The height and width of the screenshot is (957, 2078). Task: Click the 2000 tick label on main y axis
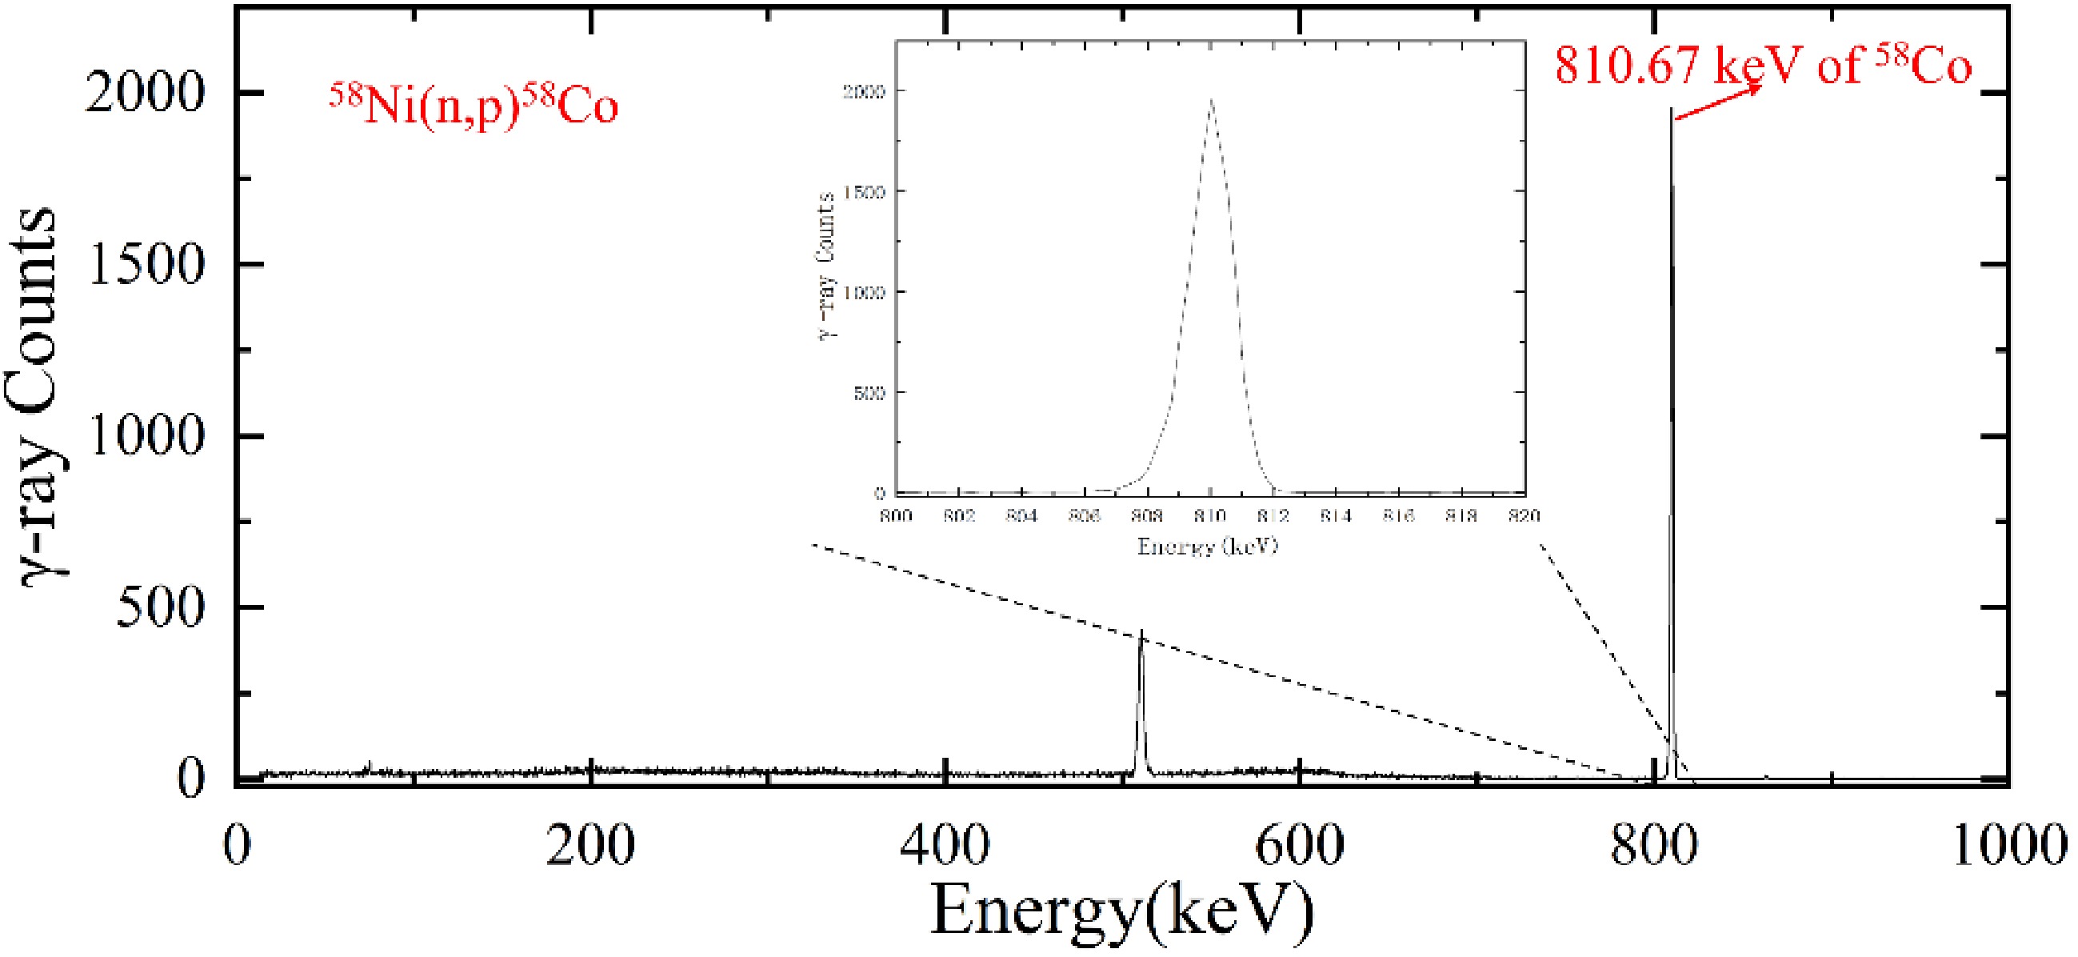coord(143,93)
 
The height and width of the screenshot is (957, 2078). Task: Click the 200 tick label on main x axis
coord(589,846)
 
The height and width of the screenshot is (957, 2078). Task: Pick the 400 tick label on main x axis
coord(945,846)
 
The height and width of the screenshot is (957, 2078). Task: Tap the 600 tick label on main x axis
coord(1300,846)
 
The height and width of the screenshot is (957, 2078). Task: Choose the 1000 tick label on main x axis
coord(2008,846)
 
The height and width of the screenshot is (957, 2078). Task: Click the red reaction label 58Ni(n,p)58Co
coord(474,106)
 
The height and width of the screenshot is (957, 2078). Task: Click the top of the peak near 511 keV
coord(1141,631)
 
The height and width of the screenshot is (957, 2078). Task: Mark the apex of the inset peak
coord(1211,99)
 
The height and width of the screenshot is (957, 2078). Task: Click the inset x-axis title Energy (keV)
coord(1208,547)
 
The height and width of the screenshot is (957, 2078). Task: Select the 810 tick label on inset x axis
coord(1210,515)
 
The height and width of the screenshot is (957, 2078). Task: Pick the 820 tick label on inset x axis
coord(1523,515)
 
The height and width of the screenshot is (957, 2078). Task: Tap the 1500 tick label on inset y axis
coord(863,192)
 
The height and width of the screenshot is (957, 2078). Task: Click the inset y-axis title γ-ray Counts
coord(826,266)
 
